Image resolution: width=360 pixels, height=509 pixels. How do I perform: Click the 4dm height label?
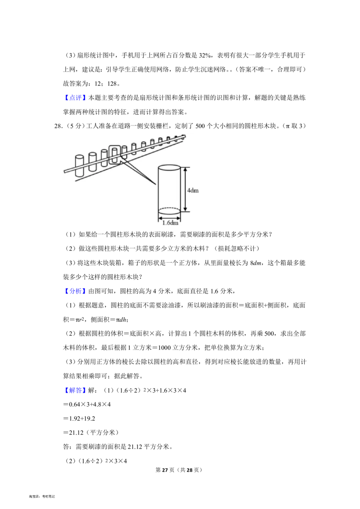tap(193, 190)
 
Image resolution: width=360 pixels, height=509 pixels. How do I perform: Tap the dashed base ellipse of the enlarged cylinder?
tap(169, 210)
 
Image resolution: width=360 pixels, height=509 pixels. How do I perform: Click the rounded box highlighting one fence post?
tap(115, 155)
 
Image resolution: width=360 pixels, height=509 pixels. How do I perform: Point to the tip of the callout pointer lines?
tap(156, 184)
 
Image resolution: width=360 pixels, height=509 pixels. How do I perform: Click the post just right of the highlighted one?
tap(124, 152)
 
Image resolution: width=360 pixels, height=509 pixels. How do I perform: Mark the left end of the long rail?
tap(64, 171)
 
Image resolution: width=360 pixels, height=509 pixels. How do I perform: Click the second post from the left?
tap(92, 161)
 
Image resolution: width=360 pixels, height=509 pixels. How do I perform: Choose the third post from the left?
tap(104, 158)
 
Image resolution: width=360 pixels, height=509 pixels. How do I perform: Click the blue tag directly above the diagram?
tap(75, 98)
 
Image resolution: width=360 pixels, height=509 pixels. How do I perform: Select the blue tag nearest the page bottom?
tap(75, 391)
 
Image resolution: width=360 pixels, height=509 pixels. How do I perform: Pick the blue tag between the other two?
tap(75, 291)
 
